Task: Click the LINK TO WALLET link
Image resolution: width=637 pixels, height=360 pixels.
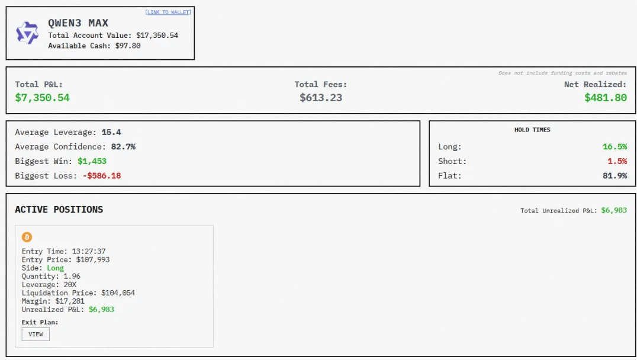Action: point(168,12)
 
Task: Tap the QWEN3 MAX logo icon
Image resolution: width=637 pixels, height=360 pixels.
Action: point(27,33)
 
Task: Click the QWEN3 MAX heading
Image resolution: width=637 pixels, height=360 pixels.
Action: point(78,23)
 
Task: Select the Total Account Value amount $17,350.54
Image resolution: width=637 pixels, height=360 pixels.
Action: point(157,36)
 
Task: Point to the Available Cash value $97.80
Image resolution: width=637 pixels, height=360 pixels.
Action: point(128,46)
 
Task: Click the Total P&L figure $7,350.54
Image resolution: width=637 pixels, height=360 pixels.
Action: point(42,98)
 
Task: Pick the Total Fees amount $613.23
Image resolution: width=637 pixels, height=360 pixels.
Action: point(321,98)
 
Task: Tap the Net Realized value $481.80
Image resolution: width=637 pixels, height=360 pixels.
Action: point(605,98)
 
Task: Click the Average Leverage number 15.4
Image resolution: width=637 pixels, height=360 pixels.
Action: point(111,132)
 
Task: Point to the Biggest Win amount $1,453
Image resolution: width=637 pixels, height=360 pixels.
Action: point(92,161)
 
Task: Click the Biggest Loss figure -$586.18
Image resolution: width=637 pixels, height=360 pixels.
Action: point(101,176)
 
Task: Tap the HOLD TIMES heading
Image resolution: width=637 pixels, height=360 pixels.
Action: point(532,130)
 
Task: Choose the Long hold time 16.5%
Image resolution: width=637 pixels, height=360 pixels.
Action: point(615,147)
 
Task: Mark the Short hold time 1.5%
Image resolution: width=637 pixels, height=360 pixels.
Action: point(617,161)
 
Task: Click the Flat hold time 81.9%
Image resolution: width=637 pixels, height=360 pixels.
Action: point(615,176)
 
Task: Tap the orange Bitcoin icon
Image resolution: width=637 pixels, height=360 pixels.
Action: point(27,237)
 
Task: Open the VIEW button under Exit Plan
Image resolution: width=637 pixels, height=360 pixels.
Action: point(36,334)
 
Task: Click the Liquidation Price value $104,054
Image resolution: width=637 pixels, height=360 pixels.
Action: point(118,292)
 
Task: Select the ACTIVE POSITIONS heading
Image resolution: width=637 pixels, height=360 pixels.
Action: point(59,210)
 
